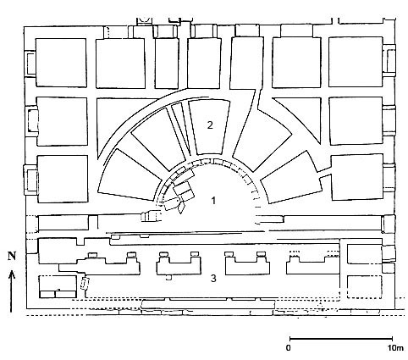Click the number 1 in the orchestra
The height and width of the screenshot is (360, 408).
point(213,201)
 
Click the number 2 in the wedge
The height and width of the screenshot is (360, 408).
point(210,125)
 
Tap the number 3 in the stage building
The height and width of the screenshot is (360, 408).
point(213,279)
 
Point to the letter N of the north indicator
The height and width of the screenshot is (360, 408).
point(12,256)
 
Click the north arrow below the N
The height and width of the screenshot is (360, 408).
point(12,291)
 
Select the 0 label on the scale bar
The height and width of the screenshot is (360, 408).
point(288,348)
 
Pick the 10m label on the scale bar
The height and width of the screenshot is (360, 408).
point(395,348)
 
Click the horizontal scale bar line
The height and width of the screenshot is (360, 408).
point(341,339)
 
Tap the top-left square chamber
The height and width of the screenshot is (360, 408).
point(61,63)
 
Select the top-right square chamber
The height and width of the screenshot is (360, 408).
point(356,62)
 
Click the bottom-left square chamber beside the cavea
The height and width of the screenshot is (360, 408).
point(63,179)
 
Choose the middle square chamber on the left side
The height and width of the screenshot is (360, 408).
point(62,121)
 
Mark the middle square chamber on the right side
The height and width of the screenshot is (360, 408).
point(356,121)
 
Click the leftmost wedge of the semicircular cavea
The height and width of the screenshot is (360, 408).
point(129,175)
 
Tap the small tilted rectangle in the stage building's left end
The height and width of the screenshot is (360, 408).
point(85,283)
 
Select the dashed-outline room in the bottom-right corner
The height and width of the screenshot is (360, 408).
point(365,286)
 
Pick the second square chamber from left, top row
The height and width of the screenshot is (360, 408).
point(120,64)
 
